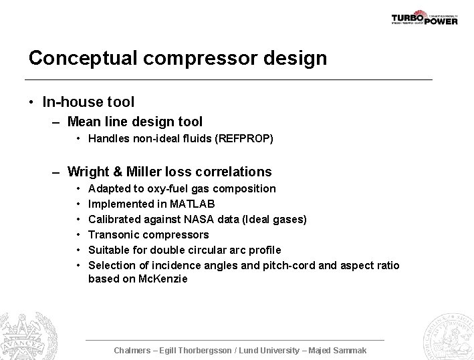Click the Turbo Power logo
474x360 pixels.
click(x=424, y=17)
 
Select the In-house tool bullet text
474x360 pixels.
click(x=88, y=102)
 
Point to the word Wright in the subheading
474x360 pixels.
click(x=90, y=172)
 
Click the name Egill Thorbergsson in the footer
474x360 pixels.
click(x=201, y=350)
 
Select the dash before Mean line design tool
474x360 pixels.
click(x=57, y=122)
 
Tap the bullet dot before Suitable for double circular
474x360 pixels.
click(x=78, y=250)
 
